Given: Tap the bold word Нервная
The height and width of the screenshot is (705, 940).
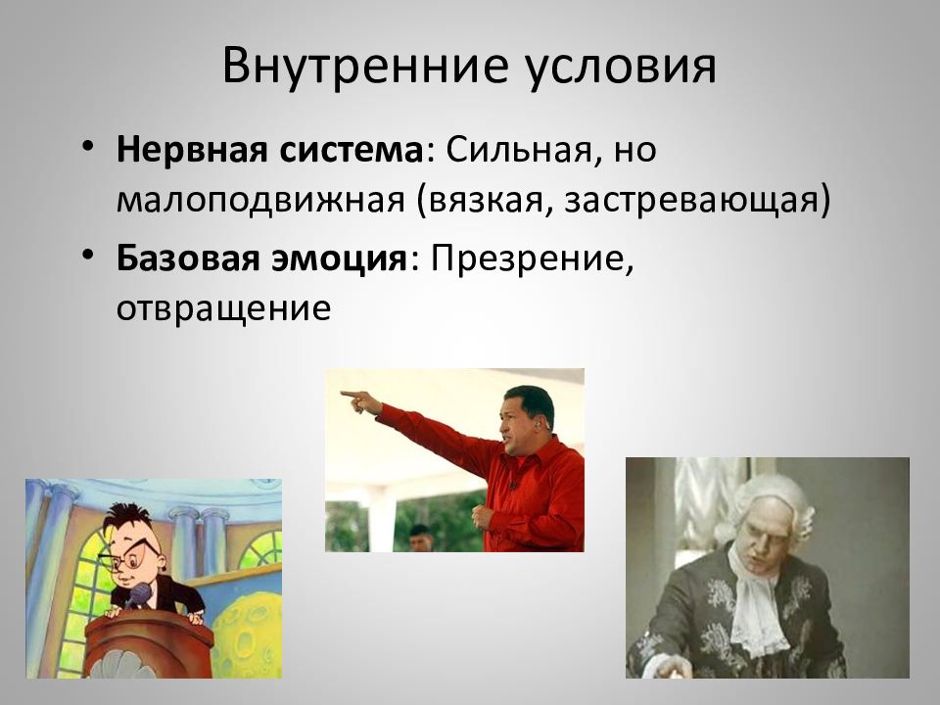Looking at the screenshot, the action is click(192, 150).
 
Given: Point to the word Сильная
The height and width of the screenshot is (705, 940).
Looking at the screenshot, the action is click(519, 150).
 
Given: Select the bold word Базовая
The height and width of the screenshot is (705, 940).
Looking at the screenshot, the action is click(188, 258).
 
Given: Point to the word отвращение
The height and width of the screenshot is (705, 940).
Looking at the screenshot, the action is click(223, 309).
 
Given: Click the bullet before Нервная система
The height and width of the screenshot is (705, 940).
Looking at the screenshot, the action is click(89, 146).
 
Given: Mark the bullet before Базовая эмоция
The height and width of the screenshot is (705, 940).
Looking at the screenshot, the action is click(89, 255).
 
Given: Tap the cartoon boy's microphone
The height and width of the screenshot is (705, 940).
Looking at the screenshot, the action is click(138, 596).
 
